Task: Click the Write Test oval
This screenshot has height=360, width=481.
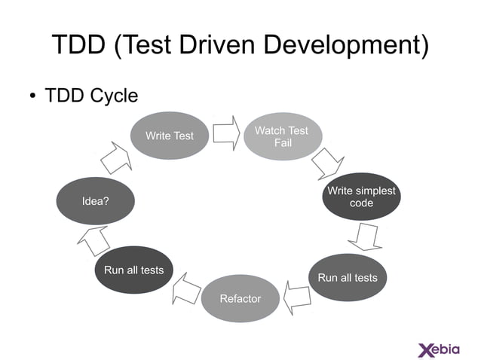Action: [x=169, y=136]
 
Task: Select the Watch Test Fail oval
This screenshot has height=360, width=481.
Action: [x=281, y=136]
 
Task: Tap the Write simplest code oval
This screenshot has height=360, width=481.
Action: [x=361, y=197]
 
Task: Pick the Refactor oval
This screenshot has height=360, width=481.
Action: [x=240, y=299]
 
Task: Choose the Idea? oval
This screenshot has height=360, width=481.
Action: [x=95, y=201]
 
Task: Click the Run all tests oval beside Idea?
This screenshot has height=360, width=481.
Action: [x=133, y=270]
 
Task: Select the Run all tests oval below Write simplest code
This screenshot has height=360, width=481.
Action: [x=348, y=278]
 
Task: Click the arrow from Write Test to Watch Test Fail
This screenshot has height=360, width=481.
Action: [x=225, y=133]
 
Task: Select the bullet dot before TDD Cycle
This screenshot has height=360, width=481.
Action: [x=32, y=96]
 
